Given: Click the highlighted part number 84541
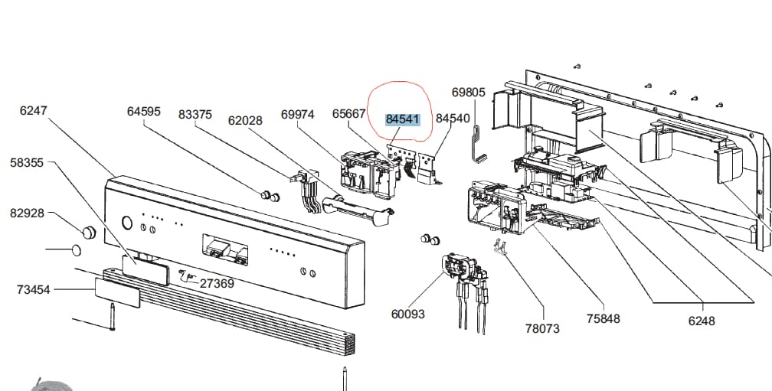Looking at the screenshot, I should click(x=402, y=119).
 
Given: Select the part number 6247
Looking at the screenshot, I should click(x=33, y=110).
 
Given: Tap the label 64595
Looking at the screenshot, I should click(x=143, y=112).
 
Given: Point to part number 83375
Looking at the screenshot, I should click(x=195, y=115).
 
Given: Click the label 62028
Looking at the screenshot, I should click(x=245, y=120).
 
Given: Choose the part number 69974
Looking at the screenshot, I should click(x=297, y=115).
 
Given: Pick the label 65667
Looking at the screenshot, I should click(x=348, y=114).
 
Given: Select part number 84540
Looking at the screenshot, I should click(x=453, y=119).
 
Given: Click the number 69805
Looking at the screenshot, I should click(x=468, y=93).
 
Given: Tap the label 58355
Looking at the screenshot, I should click(x=27, y=162).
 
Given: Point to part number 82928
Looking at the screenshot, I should click(x=27, y=213).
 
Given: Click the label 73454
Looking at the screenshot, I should click(x=33, y=289).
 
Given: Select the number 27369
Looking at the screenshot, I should click(x=217, y=283).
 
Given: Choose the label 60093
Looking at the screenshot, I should click(x=407, y=314).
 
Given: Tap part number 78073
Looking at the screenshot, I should click(x=542, y=328).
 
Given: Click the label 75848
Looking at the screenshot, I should click(x=603, y=319).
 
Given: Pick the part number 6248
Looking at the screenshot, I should click(x=701, y=321).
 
